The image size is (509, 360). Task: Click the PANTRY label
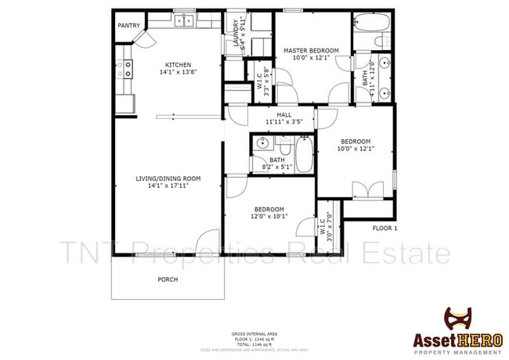click(128, 26)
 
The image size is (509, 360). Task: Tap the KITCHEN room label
click(177, 65)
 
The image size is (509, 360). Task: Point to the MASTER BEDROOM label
click(311, 51)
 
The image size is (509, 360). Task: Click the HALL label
click(273, 115)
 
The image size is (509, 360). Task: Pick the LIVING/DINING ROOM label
click(168, 178)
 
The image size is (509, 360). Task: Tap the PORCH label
click(168, 279)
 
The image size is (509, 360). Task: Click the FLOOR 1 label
click(384, 229)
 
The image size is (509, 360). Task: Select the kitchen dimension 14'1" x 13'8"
click(177, 73)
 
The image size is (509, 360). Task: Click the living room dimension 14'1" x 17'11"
click(168, 186)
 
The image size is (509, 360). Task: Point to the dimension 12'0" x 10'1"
click(269, 217)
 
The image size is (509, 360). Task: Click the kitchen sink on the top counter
click(183, 20)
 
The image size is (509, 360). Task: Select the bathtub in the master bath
click(368, 22)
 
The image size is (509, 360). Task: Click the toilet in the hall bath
click(283, 145)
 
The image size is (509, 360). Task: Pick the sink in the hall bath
click(263, 144)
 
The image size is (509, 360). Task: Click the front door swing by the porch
click(207, 242)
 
